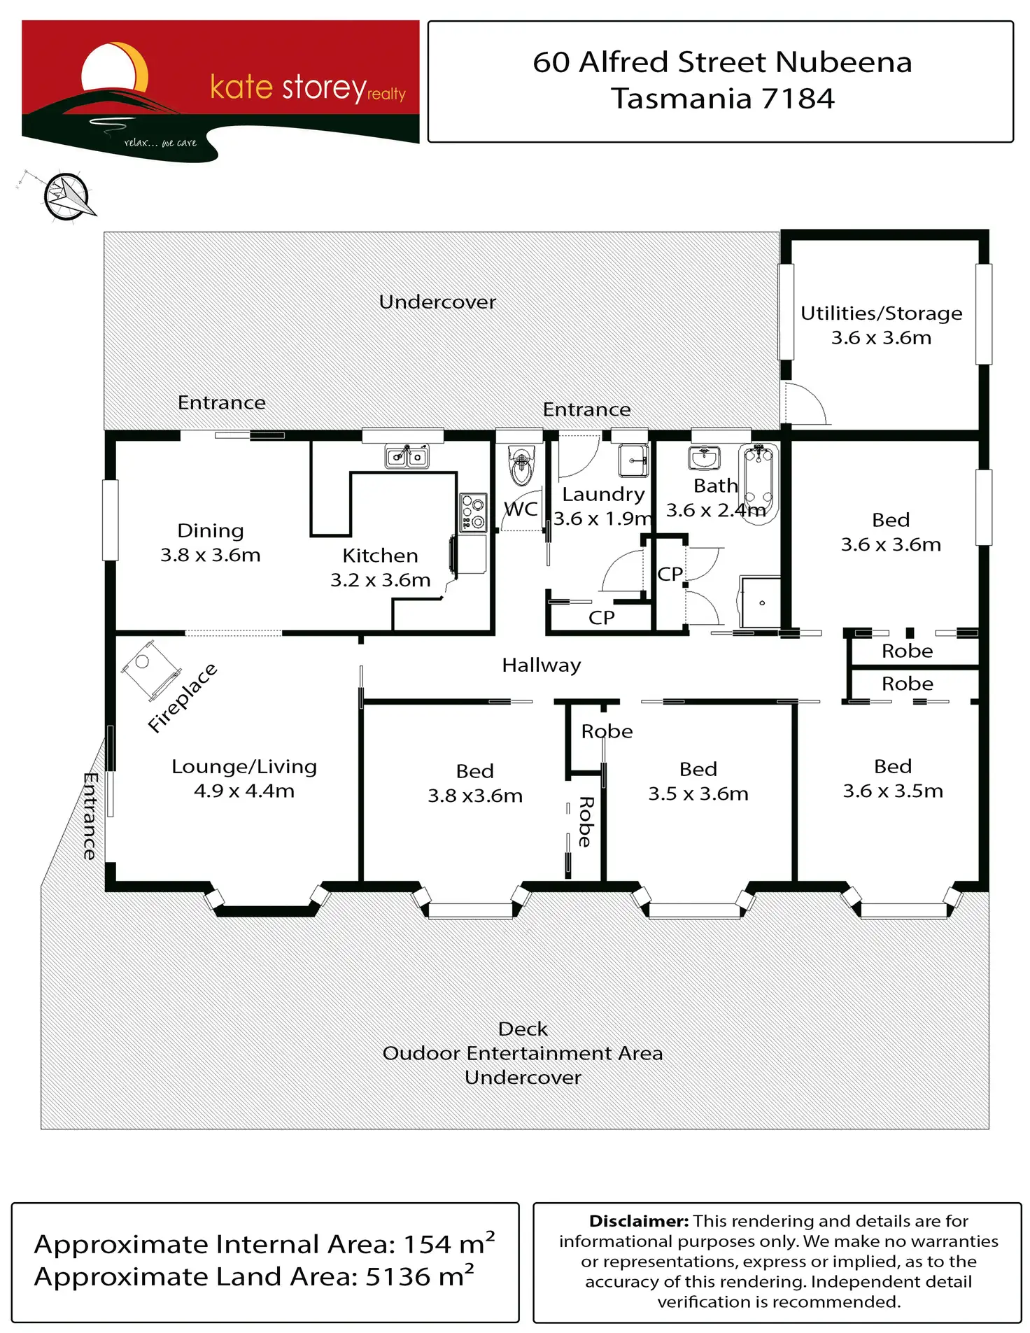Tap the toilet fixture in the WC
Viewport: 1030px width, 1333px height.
[x=521, y=465]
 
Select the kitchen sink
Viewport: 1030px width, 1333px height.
[x=407, y=457]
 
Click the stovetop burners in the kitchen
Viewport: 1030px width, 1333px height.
[x=474, y=512]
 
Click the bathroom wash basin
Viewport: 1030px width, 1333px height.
[x=704, y=458]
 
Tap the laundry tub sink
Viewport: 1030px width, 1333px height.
[x=634, y=460]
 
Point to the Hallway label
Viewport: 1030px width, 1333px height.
[x=541, y=665]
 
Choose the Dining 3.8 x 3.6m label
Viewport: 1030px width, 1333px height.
[x=210, y=542]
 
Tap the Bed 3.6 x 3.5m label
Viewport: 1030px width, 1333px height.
[x=893, y=778]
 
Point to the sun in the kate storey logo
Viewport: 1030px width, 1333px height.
[x=112, y=69]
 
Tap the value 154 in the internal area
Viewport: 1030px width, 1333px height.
[x=427, y=1244]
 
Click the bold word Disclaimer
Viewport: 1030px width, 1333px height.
[x=639, y=1221]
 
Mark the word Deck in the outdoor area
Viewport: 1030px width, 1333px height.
[x=523, y=1029]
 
